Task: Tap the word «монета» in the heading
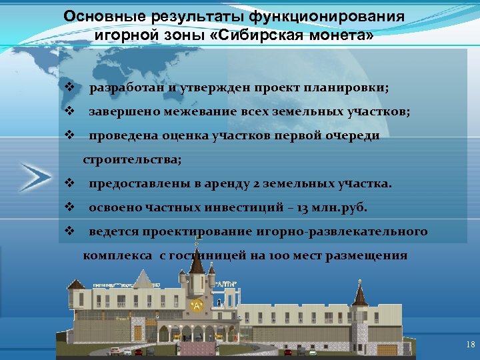336,35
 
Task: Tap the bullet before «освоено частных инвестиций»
69,207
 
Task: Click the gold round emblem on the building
196,305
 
